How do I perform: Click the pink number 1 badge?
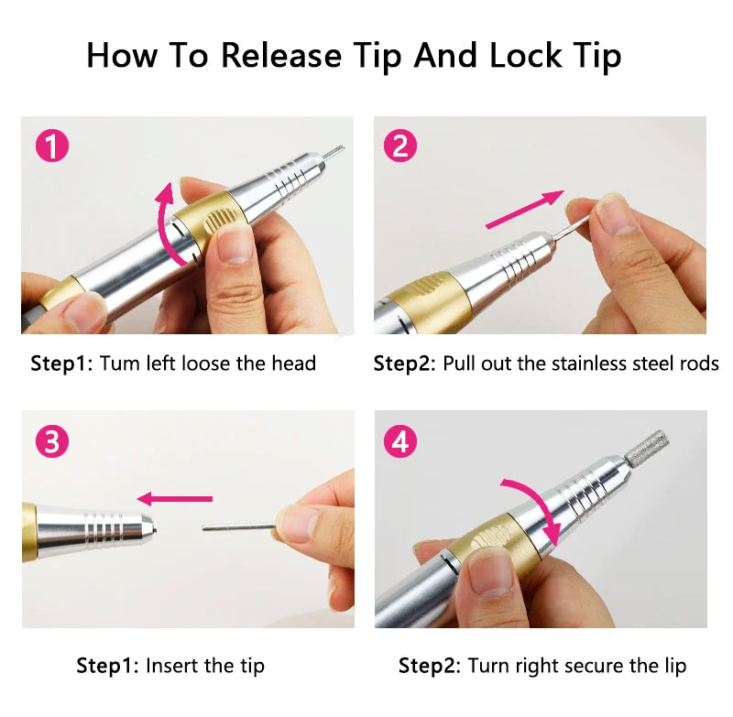[x=52, y=146]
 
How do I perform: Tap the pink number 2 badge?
[x=399, y=146]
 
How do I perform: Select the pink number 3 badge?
[x=52, y=441]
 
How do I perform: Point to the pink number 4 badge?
[x=399, y=441]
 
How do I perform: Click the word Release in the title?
[x=281, y=55]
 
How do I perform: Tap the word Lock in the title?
[x=525, y=55]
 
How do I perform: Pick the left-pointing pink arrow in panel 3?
[x=175, y=498]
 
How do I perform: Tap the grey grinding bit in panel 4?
[x=648, y=448]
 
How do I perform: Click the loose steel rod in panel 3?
[x=239, y=527]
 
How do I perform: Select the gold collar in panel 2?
[x=428, y=301]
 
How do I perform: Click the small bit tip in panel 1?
[x=334, y=151]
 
